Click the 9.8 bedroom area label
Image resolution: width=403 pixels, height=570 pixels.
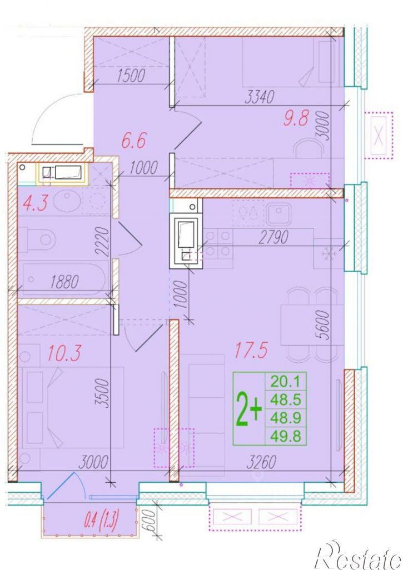pos(295,118)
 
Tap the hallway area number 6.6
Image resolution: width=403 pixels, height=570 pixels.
pos(133,141)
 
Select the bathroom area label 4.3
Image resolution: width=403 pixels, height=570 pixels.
pos(35,203)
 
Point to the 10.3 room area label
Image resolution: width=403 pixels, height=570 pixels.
pos(64,353)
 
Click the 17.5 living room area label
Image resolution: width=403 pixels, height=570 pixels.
pos(251,350)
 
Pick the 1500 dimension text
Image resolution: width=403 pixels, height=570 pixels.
pos(131,75)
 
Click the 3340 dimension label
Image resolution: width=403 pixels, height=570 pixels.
pos(259,97)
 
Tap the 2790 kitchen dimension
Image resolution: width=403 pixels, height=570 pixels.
pos(273,237)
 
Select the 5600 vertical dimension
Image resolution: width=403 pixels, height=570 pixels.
pos(324,324)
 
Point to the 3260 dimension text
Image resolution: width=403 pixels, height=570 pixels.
pos(261,462)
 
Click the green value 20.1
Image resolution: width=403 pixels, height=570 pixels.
pos(285,381)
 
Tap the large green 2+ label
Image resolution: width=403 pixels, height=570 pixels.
pos(249,409)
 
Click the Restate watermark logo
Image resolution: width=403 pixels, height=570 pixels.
pos(359,556)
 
